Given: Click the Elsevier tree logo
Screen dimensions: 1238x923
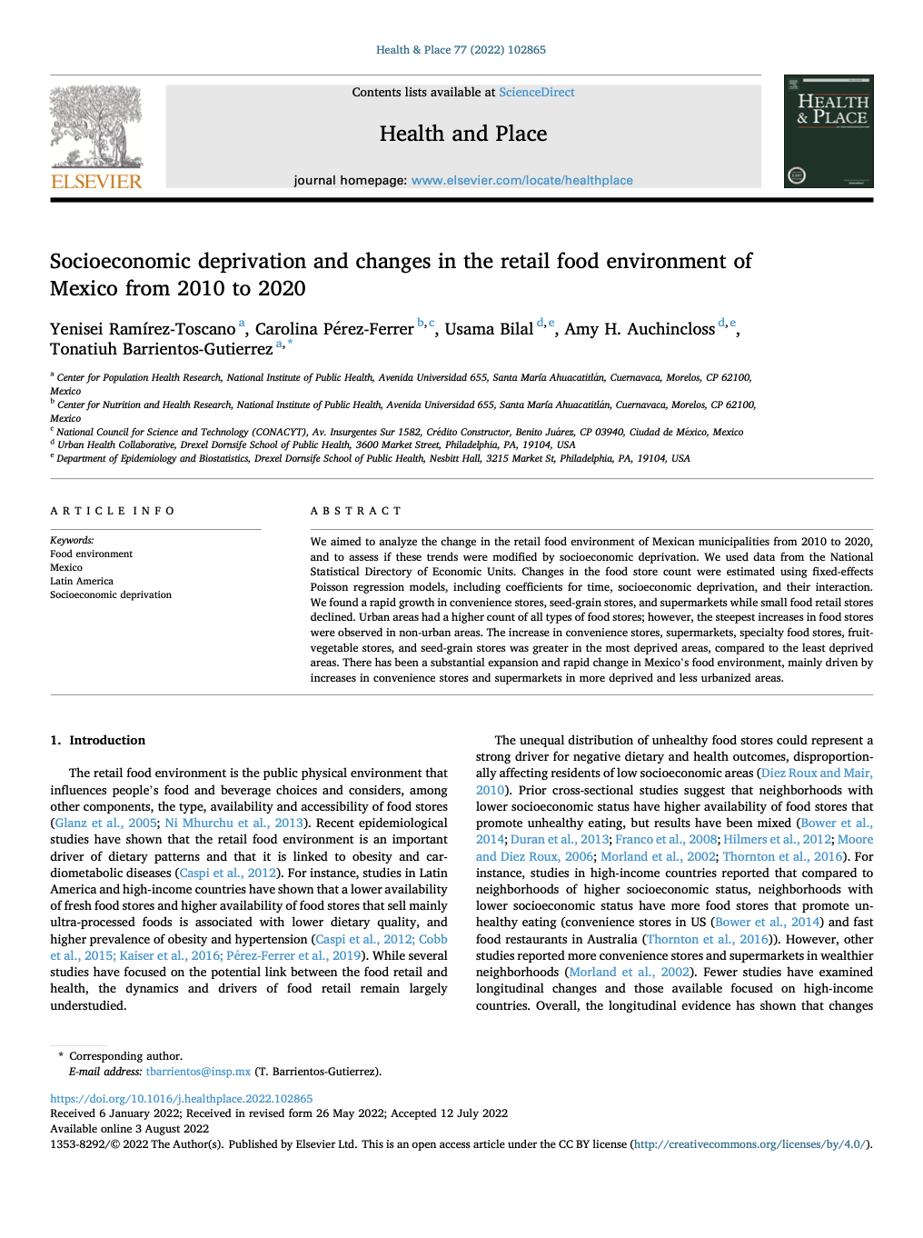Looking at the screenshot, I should pos(95,127).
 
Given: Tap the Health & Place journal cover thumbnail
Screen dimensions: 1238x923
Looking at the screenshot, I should pos(828,131).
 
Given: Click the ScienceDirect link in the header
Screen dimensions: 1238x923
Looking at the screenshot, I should pos(536,93).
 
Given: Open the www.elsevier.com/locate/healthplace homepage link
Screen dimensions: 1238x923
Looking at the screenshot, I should pos(521,181).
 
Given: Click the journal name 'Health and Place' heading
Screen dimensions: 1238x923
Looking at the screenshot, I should pos(462,135).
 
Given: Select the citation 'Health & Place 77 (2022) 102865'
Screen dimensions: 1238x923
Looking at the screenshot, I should pos(461,50).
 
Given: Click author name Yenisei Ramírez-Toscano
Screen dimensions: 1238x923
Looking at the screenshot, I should pos(143,329).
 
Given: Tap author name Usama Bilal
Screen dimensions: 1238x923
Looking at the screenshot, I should pos(489,329).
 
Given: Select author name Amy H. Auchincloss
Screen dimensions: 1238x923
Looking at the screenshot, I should pos(640,329).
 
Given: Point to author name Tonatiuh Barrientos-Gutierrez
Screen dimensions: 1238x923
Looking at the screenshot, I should pos(161,350).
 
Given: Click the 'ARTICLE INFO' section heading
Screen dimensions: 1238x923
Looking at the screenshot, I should pos(113,512).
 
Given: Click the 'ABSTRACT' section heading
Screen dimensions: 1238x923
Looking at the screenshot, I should pos(355,512).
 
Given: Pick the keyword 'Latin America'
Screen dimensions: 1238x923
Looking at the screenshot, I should pos(82,582).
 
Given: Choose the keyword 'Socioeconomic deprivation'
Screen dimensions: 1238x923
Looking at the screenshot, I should pos(111,595).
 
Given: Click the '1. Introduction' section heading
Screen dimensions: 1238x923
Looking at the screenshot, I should pos(98,741).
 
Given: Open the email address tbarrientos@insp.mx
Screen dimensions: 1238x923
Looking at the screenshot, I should pos(198,1072).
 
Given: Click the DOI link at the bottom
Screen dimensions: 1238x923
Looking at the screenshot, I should pos(181,1099).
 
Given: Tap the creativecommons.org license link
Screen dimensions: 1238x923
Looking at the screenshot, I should pos(750,1144).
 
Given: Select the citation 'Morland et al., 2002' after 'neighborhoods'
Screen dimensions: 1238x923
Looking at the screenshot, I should pos(629,973).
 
